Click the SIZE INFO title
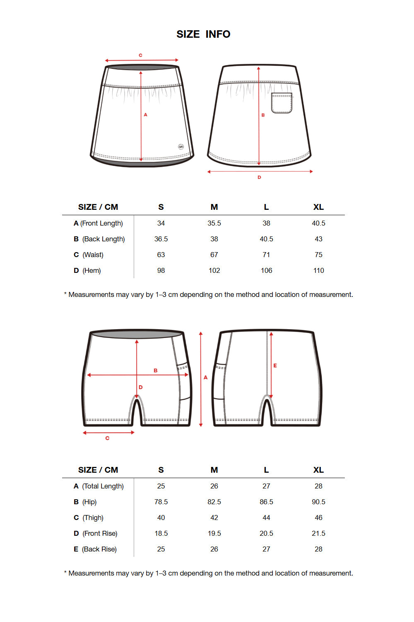[x=203, y=34]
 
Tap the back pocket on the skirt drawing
[x=282, y=103]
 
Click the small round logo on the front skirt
[x=181, y=147]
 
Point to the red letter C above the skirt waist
[x=140, y=55]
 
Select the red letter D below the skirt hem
[x=259, y=177]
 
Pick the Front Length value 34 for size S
[x=161, y=223]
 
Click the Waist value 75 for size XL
[x=318, y=255]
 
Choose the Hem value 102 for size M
[x=214, y=270]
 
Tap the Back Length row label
[x=99, y=239]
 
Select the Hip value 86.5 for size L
[x=266, y=502]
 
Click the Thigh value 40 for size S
[x=161, y=518]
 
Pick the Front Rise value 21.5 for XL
[x=318, y=533]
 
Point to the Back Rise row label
[x=95, y=549]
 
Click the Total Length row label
[x=99, y=486]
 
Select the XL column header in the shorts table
[x=318, y=470]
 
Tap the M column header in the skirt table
[x=214, y=207]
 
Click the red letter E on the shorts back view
[x=275, y=366]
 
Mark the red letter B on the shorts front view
[x=156, y=370]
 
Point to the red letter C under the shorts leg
[x=107, y=438]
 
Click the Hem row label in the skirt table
[x=87, y=270]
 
